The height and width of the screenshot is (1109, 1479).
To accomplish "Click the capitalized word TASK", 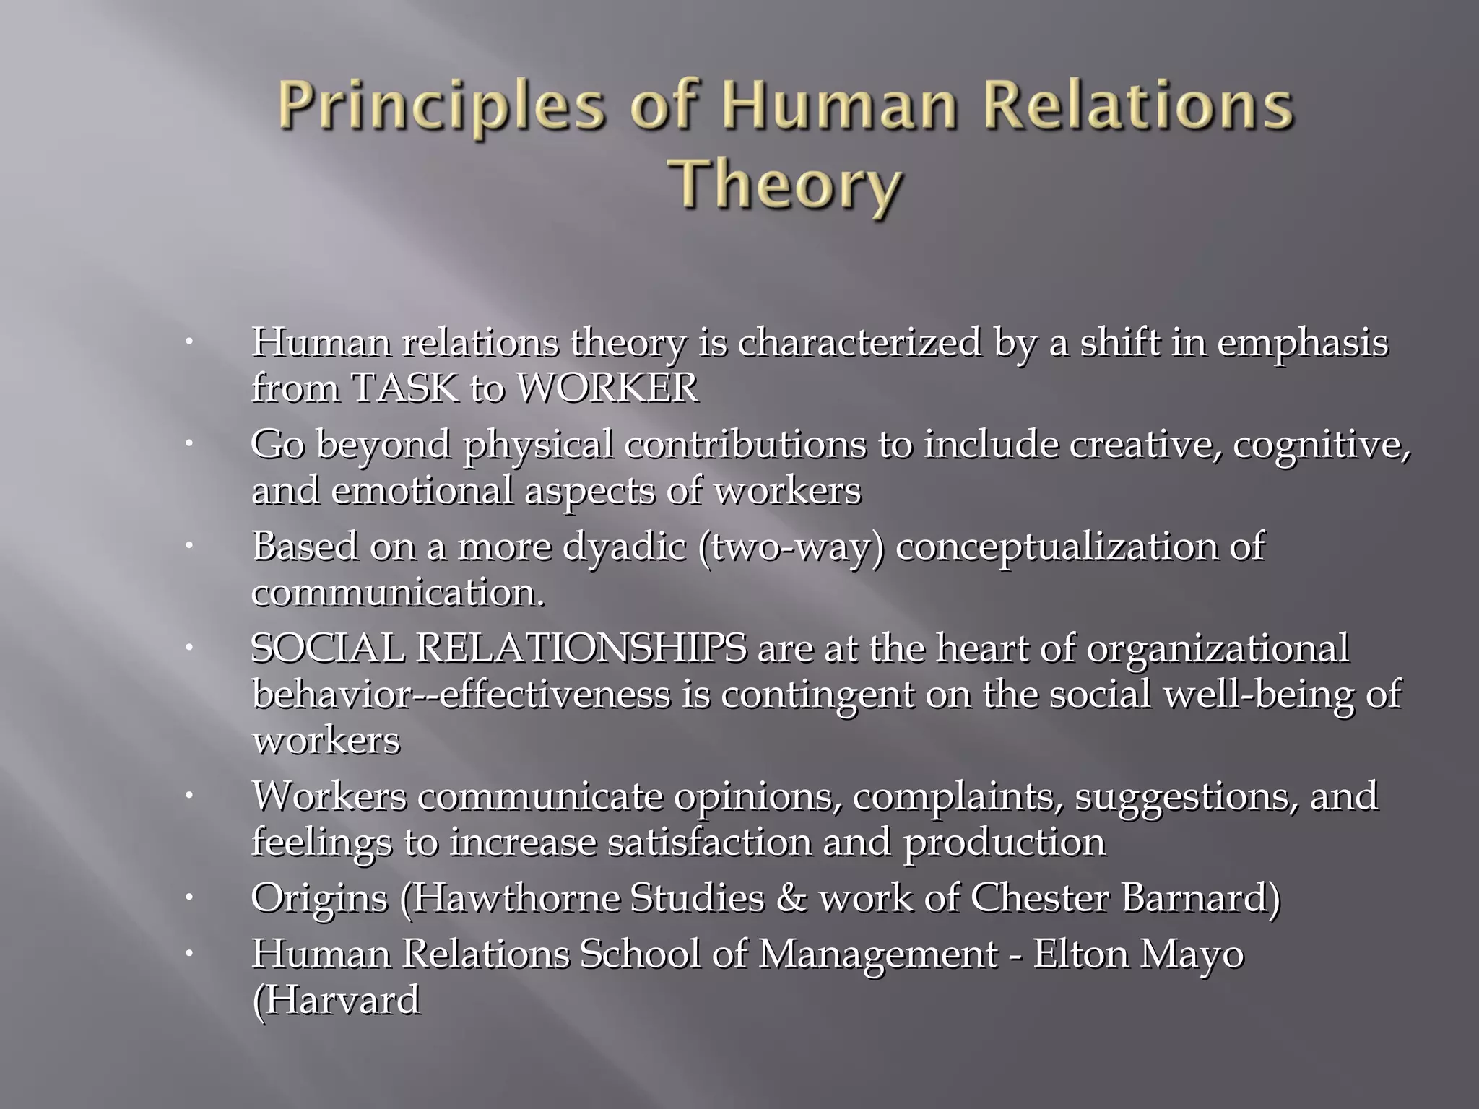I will pos(404,388).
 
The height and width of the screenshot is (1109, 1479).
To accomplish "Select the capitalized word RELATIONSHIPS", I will pos(581,648).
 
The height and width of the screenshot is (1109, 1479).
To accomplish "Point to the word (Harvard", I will pos(336,1001).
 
